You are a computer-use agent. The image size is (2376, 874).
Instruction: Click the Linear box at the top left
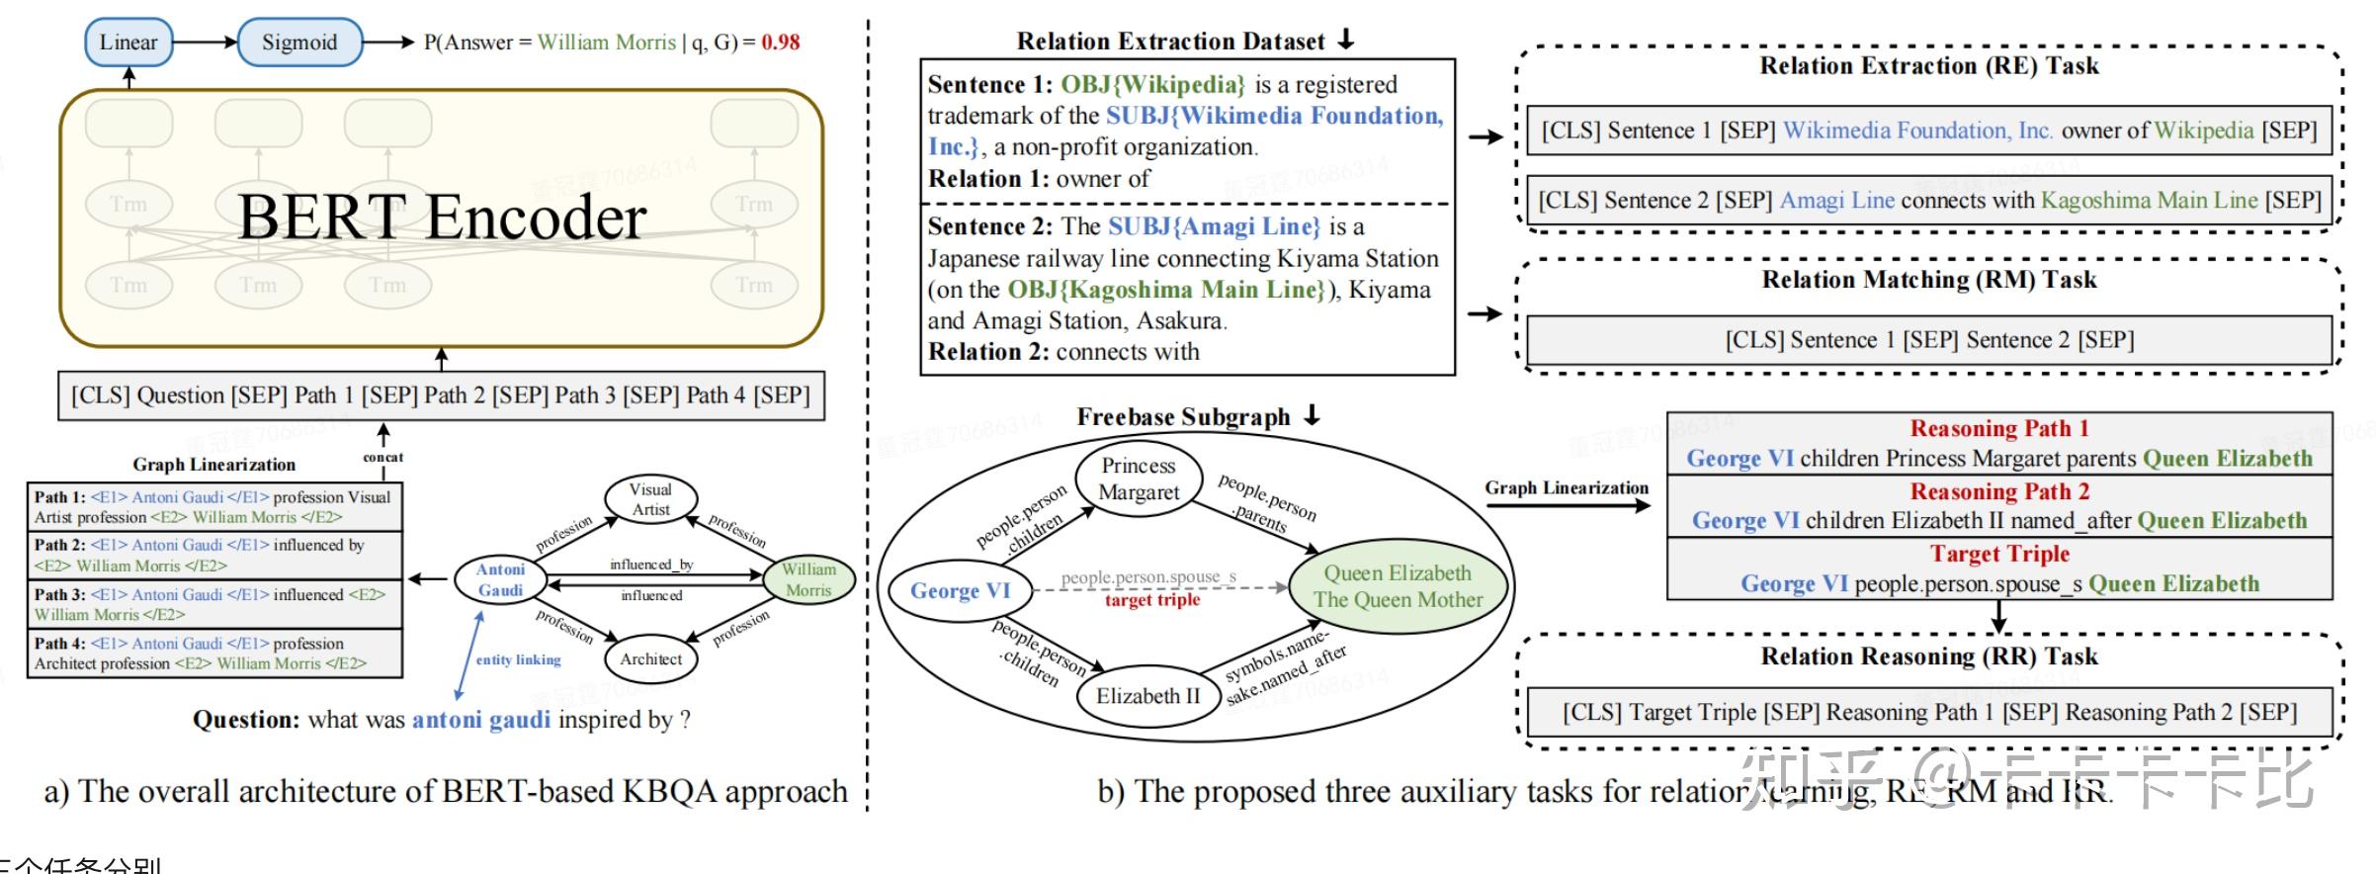coord(128,43)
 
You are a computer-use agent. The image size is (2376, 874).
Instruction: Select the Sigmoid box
coord(299,43)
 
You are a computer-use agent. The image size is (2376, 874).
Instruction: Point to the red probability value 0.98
coord(780,43)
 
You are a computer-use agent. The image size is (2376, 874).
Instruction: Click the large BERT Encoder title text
coord(442,218)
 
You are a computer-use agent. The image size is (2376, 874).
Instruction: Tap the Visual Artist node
coord(650,499)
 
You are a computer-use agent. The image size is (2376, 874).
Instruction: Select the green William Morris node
coord(808,580)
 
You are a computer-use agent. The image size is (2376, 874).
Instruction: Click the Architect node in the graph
coord(650,659)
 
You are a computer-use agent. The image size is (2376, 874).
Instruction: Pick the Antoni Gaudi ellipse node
coord(500,580)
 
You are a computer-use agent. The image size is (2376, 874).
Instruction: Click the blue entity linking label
coord(518,659)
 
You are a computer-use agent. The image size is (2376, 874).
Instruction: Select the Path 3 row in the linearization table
coord(214,604)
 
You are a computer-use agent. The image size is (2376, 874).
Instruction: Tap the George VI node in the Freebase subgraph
coord(960,590)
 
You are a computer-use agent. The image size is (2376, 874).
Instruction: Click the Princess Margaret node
coord(1139,479)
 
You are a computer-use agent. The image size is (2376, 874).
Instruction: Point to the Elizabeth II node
coord(1147,696)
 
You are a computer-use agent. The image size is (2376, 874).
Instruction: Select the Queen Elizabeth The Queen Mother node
coord(1398,586)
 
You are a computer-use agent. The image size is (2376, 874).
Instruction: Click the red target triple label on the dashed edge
coord(1152,600)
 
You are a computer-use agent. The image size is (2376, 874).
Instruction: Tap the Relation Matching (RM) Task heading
coord(1928,280)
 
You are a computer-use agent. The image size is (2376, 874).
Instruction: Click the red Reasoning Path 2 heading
coord(1999,491)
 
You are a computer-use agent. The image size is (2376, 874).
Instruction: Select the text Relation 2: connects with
coord(1063,352)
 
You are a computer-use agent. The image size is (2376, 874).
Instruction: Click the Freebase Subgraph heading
coord(1183,417)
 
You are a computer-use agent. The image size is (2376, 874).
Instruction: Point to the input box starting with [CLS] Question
coord(441,395)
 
